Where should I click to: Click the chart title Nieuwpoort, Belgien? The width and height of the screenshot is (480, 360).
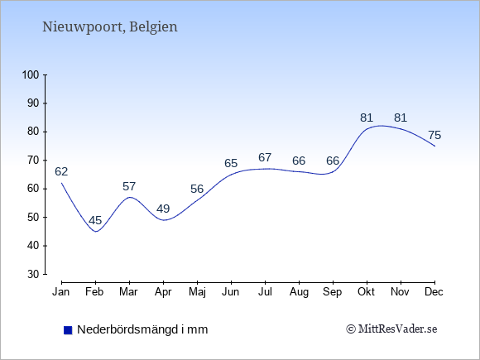109,27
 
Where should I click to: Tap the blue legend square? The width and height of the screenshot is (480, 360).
68,330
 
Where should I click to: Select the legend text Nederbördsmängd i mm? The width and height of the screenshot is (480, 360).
142,329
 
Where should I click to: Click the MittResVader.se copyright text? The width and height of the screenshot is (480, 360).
391,329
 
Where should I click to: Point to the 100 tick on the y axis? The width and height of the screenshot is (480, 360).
31,74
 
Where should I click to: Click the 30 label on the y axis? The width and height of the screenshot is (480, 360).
33,274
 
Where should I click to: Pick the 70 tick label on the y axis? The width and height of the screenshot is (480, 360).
33,160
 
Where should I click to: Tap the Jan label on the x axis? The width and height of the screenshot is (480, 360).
61,292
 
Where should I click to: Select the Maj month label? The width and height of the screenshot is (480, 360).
197,292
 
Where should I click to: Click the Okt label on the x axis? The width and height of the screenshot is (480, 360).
366,292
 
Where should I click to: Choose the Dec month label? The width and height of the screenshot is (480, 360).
434,292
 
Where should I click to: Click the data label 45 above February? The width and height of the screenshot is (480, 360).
95,220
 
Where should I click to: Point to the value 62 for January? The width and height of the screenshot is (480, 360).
61,171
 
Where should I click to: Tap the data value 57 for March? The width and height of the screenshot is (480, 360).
129,186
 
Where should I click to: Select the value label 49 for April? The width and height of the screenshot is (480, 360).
163,209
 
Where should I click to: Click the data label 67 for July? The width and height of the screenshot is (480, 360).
265,157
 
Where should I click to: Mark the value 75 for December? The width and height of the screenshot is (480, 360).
434,135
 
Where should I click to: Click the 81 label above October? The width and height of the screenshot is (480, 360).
367,118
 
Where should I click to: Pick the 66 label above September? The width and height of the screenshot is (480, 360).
333,161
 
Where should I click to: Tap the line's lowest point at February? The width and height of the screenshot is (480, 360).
96,232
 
